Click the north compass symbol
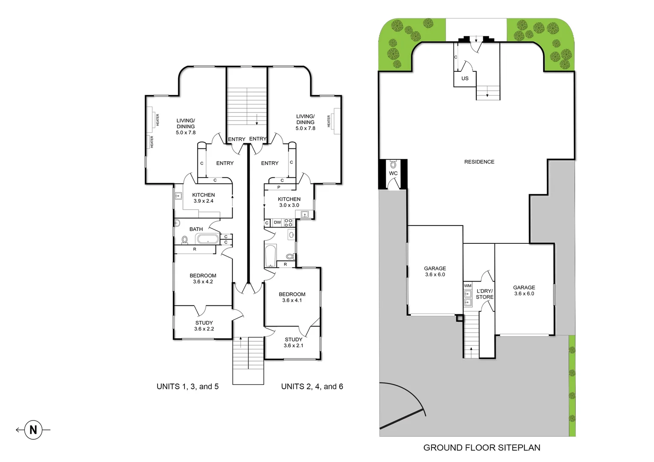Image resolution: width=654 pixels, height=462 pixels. (x=33, y=429)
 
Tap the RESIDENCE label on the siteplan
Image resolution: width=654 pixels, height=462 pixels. (x=479, y=162)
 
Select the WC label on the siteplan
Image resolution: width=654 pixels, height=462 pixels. (x=393, y=173)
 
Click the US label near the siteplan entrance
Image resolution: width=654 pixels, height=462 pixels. (x=465, y=78)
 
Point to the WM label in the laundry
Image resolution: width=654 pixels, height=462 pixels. (x=467, y=286)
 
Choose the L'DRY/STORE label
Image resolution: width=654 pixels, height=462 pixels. (x=485, y=294)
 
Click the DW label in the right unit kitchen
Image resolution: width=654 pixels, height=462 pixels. (x=277, y=222)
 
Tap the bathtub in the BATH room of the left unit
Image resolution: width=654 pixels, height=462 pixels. (x=207, y=239)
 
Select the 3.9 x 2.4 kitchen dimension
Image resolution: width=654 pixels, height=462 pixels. (x=203, y=201)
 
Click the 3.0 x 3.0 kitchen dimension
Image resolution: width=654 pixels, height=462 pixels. (x=289, y=205)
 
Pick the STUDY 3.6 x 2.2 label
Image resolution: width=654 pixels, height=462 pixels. (x=204, y=326)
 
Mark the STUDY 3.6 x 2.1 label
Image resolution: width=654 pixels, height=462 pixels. (x=293, y=343)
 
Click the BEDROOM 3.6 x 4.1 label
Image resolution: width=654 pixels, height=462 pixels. (x=292, y=297)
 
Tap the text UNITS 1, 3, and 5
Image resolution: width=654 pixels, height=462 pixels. (x=187, y=387)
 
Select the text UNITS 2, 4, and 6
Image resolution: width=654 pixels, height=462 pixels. (x=312, y=387)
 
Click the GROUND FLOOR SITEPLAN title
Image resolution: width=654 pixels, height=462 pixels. (x=482, y=448)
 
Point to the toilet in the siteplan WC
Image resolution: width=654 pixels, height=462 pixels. (x=393, y=165)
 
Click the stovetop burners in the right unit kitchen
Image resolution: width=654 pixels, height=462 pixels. (x=288, y=222)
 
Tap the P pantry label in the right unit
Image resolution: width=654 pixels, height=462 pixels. (x=279, y=187)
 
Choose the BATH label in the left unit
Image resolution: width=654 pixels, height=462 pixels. (x=196, y=229)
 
